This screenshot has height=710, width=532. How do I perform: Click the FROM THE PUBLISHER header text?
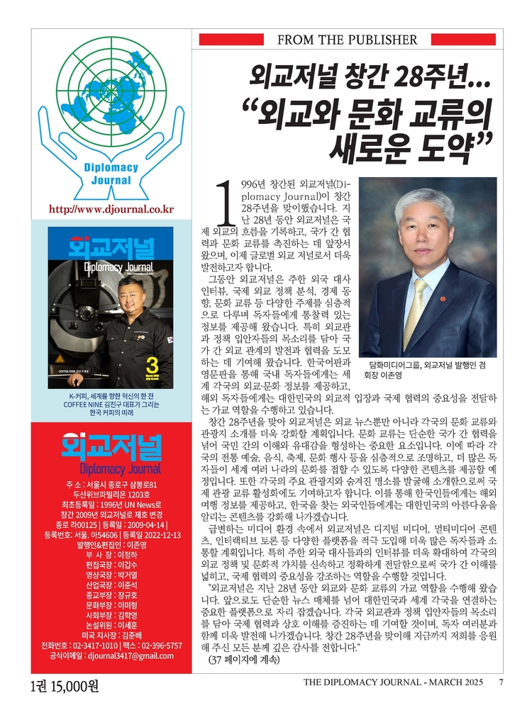pyautogui.click(x=347, y=40)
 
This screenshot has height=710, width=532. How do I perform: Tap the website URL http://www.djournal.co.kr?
pyautogui.click(x=111, y=210)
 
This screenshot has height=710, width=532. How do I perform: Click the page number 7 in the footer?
pyautogui.click(x=501, y=682)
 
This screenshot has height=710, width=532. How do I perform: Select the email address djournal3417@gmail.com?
pyautogui.click(x=131, y=656)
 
